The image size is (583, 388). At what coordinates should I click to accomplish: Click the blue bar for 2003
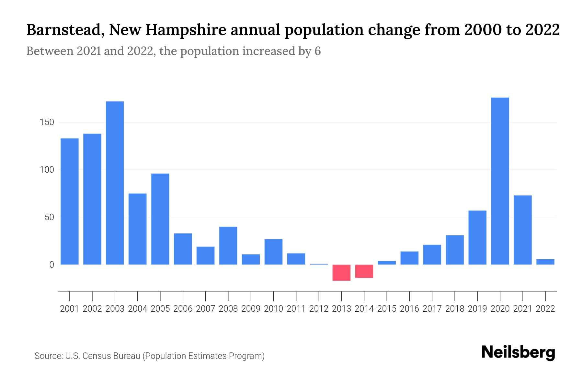115,183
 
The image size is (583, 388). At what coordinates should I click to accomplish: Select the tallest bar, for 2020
500,181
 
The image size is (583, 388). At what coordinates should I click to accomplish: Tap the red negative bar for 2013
341,273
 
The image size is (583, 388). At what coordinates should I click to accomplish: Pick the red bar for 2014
364,271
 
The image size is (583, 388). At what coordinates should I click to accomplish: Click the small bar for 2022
545,262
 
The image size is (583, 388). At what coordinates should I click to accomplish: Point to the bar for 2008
228,246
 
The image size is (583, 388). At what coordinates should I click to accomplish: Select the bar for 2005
160,219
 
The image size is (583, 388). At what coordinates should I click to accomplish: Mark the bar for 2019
477,238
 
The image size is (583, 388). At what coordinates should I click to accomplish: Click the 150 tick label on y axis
47,123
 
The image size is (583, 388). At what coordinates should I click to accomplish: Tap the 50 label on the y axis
49,217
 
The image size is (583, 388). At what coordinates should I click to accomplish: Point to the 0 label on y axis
51,265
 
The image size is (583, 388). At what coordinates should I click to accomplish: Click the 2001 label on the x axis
70,309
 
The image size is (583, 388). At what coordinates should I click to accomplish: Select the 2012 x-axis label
319,309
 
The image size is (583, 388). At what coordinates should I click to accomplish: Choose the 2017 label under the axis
432,309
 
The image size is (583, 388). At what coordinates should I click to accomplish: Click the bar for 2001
70,201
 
